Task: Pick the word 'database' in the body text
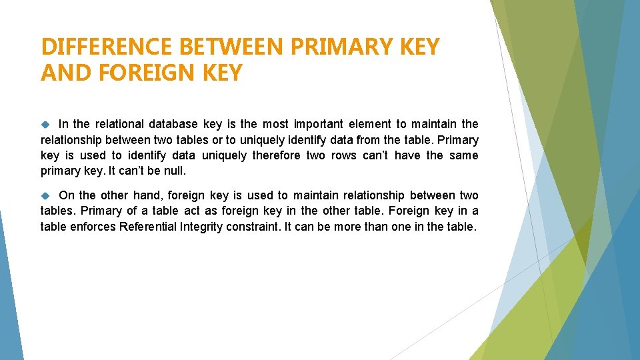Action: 173,123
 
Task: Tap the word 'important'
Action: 316,123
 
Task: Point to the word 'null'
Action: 175,171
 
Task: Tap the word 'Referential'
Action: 149,227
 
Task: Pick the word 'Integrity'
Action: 202,227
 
